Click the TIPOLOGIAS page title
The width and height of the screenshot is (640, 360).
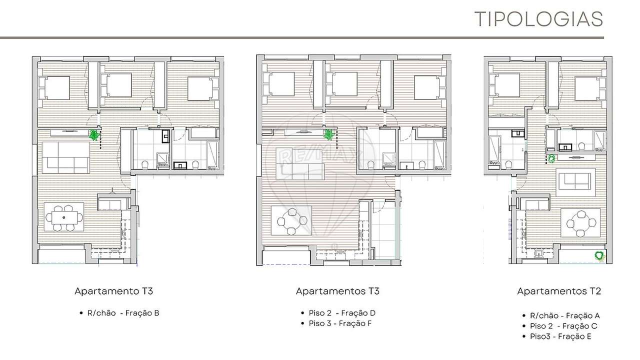tap(538, 19)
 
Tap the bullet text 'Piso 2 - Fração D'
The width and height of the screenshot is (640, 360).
tap(342, 313)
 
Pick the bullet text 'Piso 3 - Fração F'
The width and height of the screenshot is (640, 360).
tap(340, 323)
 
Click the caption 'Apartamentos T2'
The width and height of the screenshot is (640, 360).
tap(558, 291)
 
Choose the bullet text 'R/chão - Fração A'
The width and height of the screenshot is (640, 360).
tap(564, 315)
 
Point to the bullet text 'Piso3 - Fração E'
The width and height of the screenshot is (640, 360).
tap(560, 336)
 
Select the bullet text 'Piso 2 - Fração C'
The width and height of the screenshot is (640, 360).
tap(563, 326)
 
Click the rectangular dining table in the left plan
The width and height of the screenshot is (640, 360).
tap(64, 217)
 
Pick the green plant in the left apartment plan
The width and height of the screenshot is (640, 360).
tap(93, 134)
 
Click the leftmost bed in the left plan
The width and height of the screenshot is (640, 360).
tap(54, 88)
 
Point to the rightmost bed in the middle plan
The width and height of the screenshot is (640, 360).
tap(429, 87)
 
